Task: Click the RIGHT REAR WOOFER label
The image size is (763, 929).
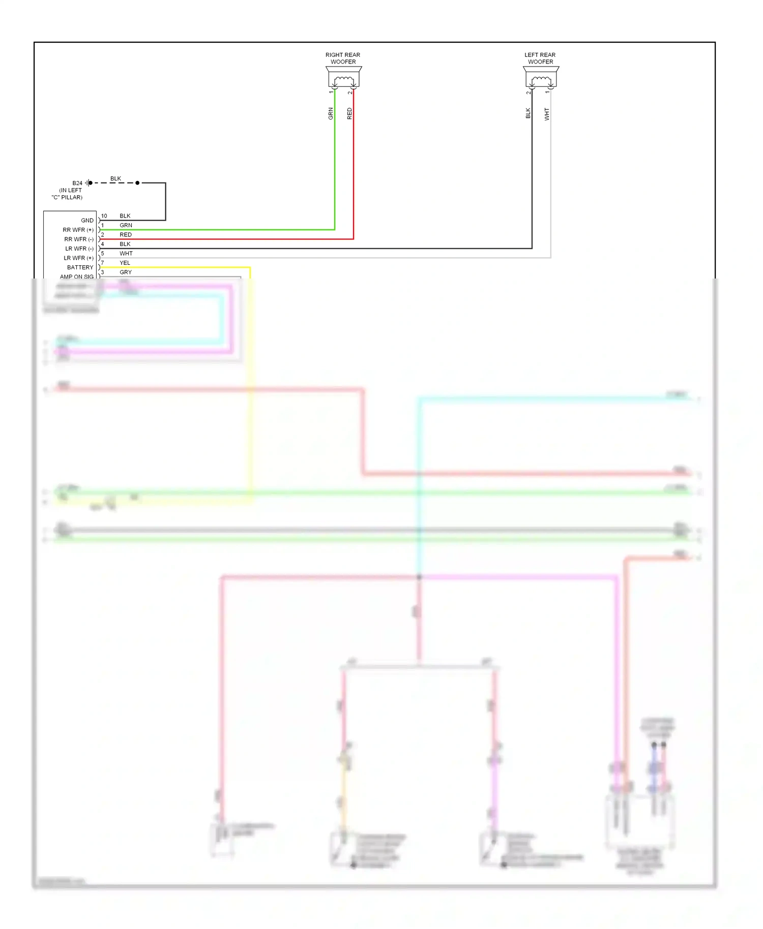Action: point(343,58)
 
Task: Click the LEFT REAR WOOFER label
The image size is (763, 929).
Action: point(540,58)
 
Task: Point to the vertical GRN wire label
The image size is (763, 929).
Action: point(331,113)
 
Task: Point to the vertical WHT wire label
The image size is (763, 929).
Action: point(547,113)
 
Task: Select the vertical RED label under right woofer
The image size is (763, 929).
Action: point(349,113)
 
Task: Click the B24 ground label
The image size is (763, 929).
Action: point(77,183)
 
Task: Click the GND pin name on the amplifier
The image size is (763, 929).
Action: point(87,221)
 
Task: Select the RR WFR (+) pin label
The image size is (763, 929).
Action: point(78,230)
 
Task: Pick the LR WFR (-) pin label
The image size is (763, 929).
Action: point(79,249)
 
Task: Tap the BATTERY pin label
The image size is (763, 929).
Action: point(80,267)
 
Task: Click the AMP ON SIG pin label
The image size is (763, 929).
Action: point(76,276)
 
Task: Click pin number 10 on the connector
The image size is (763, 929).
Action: point(104,216)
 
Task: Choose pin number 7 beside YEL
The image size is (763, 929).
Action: point(102,263)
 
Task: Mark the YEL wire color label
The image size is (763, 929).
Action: point(125,263)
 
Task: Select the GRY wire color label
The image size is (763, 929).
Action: point(125,272)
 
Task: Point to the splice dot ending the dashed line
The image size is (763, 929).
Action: point(137,183)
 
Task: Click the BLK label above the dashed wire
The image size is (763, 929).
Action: point(115,178)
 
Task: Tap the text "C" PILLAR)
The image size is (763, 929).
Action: point(67,197)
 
